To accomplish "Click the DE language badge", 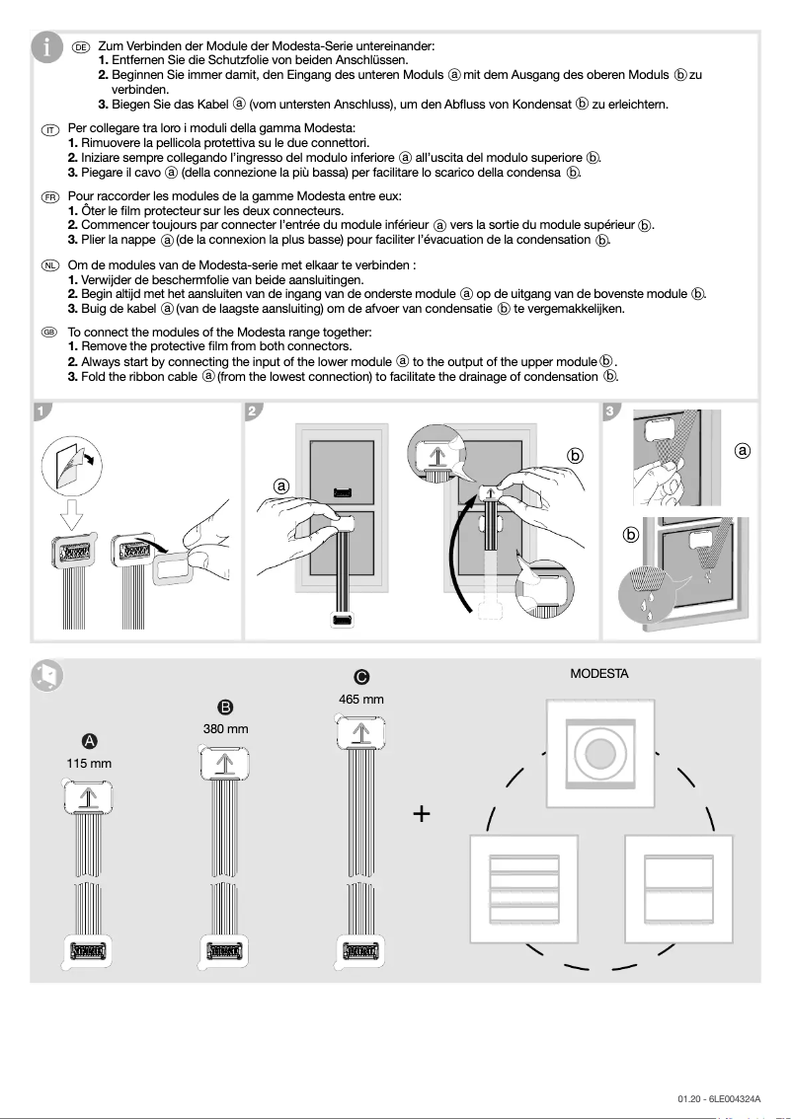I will tap(81, 46).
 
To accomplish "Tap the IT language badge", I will tap(50, 129).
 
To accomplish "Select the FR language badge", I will tap(50, 197).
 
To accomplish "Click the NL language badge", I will tap(50, 266).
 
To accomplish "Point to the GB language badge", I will tap(50, 334).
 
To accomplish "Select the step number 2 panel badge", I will tap(253, 410).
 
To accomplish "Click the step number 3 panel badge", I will tap(611, 410).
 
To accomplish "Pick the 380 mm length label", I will tap(225, 729).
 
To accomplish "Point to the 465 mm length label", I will tap(360, 700).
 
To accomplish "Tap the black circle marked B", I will tap(225, 707).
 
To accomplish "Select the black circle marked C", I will tap(360, 677).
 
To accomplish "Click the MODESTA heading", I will tap(598, 675).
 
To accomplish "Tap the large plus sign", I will tap(423, 814).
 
